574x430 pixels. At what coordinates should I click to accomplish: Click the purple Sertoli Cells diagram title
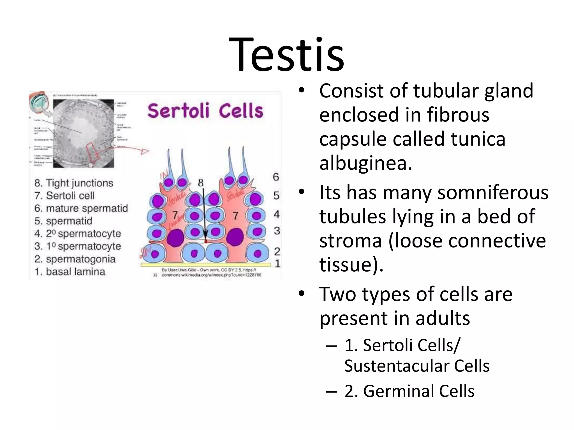pos(205,111)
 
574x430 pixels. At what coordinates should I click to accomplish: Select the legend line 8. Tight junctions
pos(74,183)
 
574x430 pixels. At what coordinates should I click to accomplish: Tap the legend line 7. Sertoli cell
pos(64,196)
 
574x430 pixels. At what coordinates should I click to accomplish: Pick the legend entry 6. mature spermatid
pos(81,208)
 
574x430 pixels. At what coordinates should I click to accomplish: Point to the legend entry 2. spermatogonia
pos(75,259)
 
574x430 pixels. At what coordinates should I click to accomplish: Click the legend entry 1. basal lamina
pos(70,272)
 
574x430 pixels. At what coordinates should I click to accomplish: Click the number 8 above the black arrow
pos(201,183)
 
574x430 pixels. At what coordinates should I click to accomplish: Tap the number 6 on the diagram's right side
pos(276,177)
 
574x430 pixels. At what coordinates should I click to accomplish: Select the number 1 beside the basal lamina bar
pos(277,264)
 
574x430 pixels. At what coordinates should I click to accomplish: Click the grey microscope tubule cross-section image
pos(84,134)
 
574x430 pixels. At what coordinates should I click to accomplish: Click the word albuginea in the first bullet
pos(365,163)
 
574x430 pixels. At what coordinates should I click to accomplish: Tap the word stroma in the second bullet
pos(351,241)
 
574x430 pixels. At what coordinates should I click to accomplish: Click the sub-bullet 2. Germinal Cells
pos(409,391)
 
